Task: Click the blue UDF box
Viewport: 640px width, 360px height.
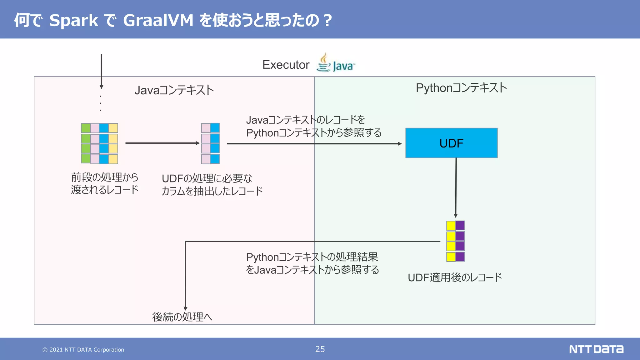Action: pos(451,143)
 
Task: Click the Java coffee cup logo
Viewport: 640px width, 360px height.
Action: pos(324,62)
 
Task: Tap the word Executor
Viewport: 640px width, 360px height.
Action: pos(286,65)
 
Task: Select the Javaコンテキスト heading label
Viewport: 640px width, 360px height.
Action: pos(174,90)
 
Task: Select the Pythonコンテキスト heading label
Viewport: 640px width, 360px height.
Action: pos(461,88)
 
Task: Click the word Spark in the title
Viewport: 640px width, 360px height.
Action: pos(74,20)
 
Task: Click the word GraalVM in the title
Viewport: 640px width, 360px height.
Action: pos(158,20)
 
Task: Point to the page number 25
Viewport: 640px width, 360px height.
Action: pos(320,349)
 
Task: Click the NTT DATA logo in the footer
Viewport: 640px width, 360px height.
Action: pos(596,349)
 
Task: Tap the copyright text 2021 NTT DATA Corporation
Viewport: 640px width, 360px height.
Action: pos(83,350)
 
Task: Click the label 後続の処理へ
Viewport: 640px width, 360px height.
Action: pos(182,317)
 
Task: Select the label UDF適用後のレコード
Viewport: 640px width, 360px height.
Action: pos(455,277)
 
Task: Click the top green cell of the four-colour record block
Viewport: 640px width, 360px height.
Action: pos(86,128)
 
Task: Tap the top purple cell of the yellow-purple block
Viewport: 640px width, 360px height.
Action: pos(460,226)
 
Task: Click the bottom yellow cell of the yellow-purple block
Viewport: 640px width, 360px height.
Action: pos(451,257)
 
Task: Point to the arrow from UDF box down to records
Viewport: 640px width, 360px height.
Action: pos(456,187)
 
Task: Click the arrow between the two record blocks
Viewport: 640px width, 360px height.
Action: pos(162,143)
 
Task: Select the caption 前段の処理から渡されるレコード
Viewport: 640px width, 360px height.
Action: pos(105,183)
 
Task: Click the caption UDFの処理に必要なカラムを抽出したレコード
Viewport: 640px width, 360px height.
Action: pos(212,185)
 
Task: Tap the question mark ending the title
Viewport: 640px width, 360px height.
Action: pos(327,20)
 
